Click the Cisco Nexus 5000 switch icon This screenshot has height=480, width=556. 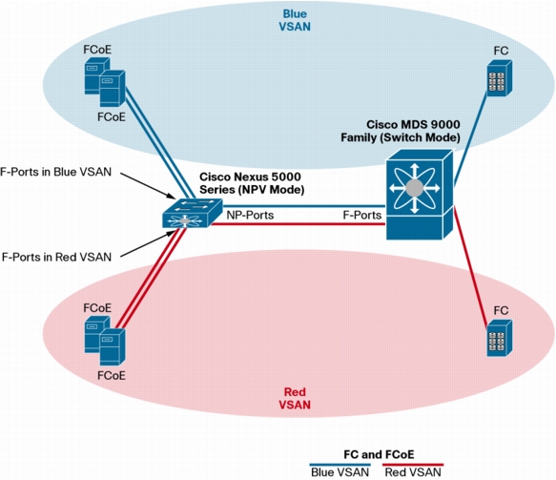coord(193,213)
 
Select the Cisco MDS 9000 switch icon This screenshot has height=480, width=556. coord(420,195)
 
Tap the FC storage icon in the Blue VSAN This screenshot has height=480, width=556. coord(500,78)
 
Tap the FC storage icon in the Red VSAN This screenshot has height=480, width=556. coord(500,338)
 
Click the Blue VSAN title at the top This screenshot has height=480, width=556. coord(295,20)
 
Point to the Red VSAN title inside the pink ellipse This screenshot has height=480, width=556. coord(295,398)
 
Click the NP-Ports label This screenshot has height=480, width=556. coord(250,215)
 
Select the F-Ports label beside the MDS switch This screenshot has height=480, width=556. coord(362,215)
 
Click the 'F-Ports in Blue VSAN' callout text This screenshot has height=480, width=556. coord(55,172)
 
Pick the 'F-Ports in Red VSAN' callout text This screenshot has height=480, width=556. coord(56,257)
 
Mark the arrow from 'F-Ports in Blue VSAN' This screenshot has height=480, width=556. coord(148,185)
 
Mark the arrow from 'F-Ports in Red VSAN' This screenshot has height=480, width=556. coord(148,243)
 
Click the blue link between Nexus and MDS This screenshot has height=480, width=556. coord(304,206)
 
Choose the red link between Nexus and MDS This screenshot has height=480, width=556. coord(299,224)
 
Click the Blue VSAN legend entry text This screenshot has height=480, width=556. coord(340,472)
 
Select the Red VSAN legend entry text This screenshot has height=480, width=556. coord(413,472)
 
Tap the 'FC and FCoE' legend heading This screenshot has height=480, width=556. coord(379,454)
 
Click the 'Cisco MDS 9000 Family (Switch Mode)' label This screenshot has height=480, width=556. coord(401,131)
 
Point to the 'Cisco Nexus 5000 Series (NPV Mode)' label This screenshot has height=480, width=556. coord(252,183)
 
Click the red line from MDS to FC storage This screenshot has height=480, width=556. coord(471,267)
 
